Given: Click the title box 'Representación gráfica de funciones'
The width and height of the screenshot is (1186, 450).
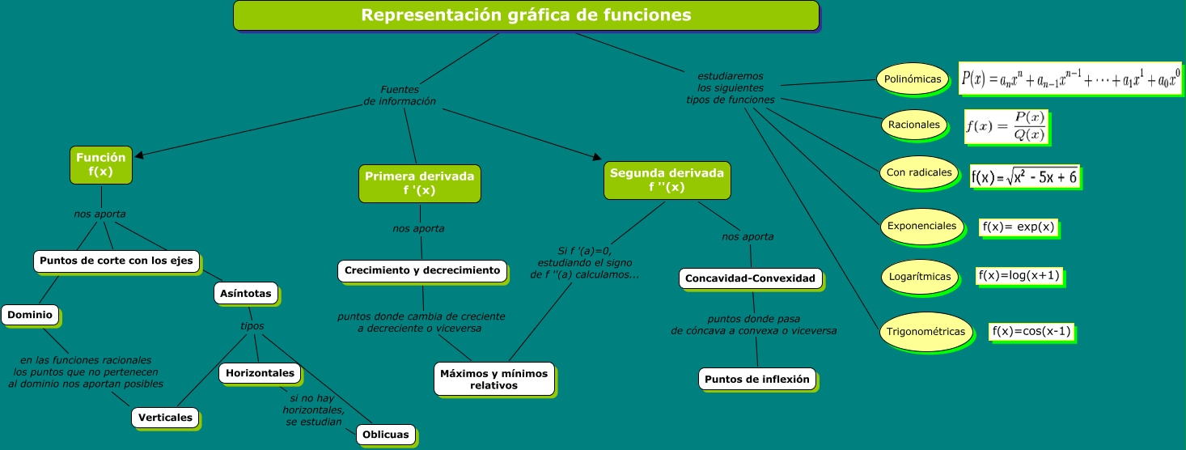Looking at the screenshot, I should (526, 15).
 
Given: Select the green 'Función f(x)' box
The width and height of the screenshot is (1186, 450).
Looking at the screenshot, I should (101, 164).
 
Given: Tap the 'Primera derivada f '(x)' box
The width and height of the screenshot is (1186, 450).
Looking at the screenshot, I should (419, 183).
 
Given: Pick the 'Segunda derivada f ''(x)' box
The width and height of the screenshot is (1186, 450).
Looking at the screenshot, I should (667, 180).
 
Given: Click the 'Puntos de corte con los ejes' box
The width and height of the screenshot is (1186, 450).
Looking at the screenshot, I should (116, 261).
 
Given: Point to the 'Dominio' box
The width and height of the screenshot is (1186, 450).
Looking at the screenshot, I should (30, 315).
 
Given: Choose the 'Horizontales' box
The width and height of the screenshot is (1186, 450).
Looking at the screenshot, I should (260, 373).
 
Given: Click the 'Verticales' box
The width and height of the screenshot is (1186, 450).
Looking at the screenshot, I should (165, 418).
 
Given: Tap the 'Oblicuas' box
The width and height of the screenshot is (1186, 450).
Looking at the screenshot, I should (386, 435).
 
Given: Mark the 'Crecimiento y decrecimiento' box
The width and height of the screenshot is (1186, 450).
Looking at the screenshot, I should (421, 270).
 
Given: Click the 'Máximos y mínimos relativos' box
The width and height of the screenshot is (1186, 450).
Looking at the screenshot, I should (493, 379).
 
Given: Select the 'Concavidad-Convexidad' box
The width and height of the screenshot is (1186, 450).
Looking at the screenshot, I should (750, 278).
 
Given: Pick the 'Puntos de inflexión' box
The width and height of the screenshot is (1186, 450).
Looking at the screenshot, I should (756, 379).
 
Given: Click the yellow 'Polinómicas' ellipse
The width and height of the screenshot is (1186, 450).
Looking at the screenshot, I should (913, 79).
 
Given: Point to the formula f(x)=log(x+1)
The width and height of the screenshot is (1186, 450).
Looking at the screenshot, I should (1019, 276).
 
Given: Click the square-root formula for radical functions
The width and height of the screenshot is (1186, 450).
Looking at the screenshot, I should (1023, 176).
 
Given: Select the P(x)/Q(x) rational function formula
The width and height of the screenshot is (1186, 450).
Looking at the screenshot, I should (1006, 126).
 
